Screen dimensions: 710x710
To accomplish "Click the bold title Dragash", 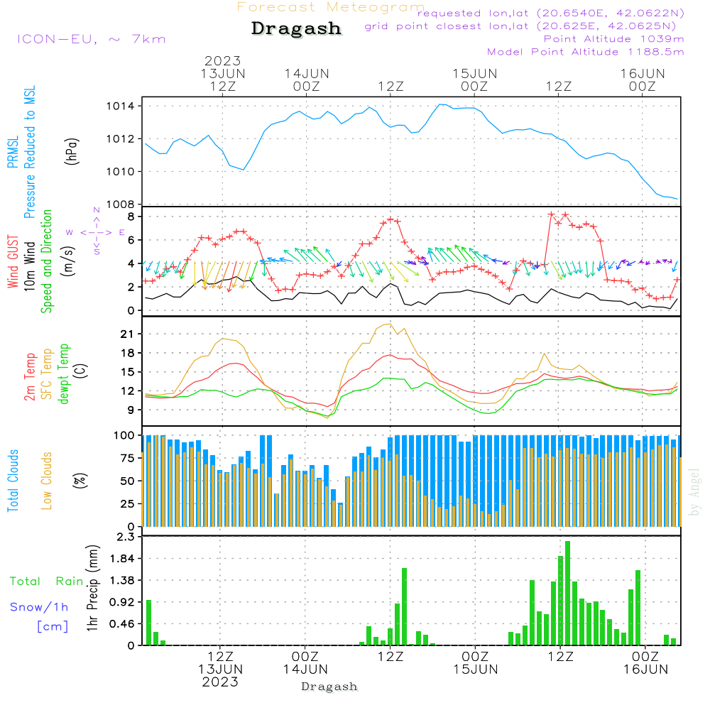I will coord(296,29).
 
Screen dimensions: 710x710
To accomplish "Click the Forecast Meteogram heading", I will coord(331,7).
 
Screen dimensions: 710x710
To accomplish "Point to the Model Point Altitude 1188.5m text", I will coord(586,52).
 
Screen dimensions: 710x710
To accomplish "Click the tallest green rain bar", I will coord(567,593).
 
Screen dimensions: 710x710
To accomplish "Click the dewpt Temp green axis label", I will coord(64,374).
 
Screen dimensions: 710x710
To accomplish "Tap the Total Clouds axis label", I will coord(13,481).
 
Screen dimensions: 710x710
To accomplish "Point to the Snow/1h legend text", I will coord(40,607).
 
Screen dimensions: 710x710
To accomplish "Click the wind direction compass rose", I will coord(97,232).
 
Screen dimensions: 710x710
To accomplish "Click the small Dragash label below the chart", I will coord(329,687).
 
